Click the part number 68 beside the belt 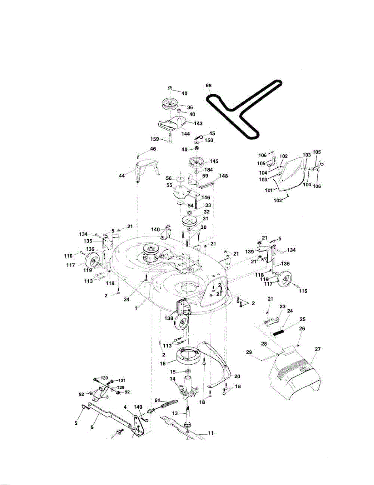tap(208, 86)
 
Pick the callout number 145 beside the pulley tap(214, 161)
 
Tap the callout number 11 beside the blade tap(210, 432)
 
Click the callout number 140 tap(156, 229)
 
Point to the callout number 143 tap(198, 123)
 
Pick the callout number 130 tap(105, 378)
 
